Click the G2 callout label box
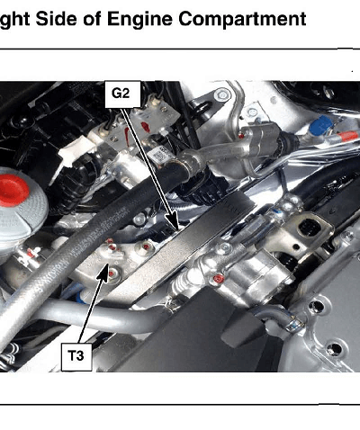click(122, 94)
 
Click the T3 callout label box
click(76, 357)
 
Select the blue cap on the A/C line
click(320, 126)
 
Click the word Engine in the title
click(139, 19)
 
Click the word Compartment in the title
click(242, 19)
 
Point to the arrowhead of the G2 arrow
click(175, 221)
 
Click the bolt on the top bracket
click(222, 95)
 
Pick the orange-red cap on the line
click(347, 137)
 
